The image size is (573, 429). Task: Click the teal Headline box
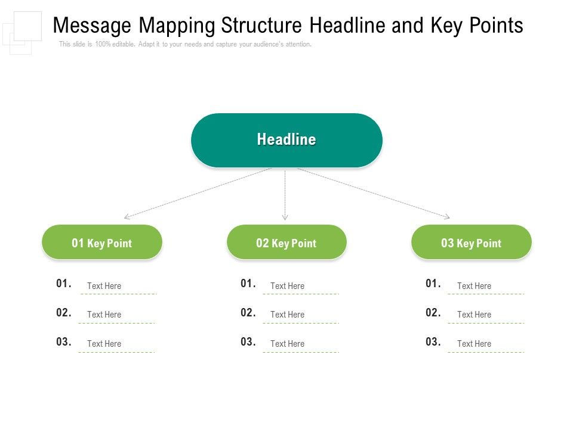coord(286,140)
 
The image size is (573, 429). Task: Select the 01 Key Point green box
coord(102,243)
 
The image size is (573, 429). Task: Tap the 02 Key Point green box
coord(286,243)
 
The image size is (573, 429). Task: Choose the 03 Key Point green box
coord(472,243)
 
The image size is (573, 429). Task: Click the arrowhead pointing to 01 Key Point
coord(127,217)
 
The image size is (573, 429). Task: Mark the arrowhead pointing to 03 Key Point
coord(446,216)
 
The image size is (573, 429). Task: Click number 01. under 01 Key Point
coord(64,284)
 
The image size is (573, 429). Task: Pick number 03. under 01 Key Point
coord(64,342)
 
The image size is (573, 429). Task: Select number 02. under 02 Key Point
coord(248,313)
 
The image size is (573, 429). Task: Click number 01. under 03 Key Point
coord(433,284)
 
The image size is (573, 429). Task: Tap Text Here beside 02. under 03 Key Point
coord(474,315)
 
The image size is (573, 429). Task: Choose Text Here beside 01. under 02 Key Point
coord(287,286)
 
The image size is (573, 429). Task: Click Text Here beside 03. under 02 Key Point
coord(287,344)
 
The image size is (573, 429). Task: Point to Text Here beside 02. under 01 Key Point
coord(104,315)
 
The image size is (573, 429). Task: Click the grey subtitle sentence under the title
coord(185,45)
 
